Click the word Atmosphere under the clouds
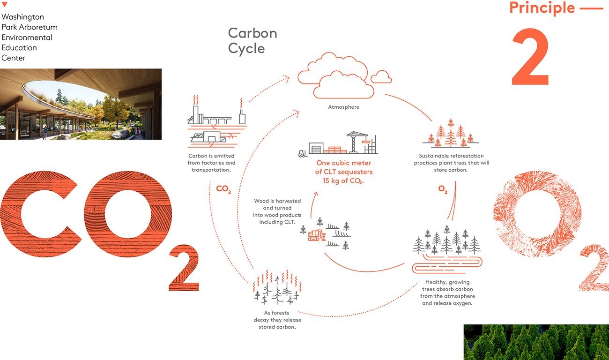[343, 107]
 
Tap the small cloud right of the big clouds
[381, 77]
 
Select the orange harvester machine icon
[317, 235]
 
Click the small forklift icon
[303, 154]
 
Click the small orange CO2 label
[223, 189]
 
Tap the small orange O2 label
[443, 189]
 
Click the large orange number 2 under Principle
[530, 57]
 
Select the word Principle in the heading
[542, 7]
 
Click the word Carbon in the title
[253, 33]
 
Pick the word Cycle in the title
[246, 49]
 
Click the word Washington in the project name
[23, 17]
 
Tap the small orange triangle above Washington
[4, 4]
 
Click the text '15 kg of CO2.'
[343, 181]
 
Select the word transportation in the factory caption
[211, 170]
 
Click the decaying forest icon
[277, 287]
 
